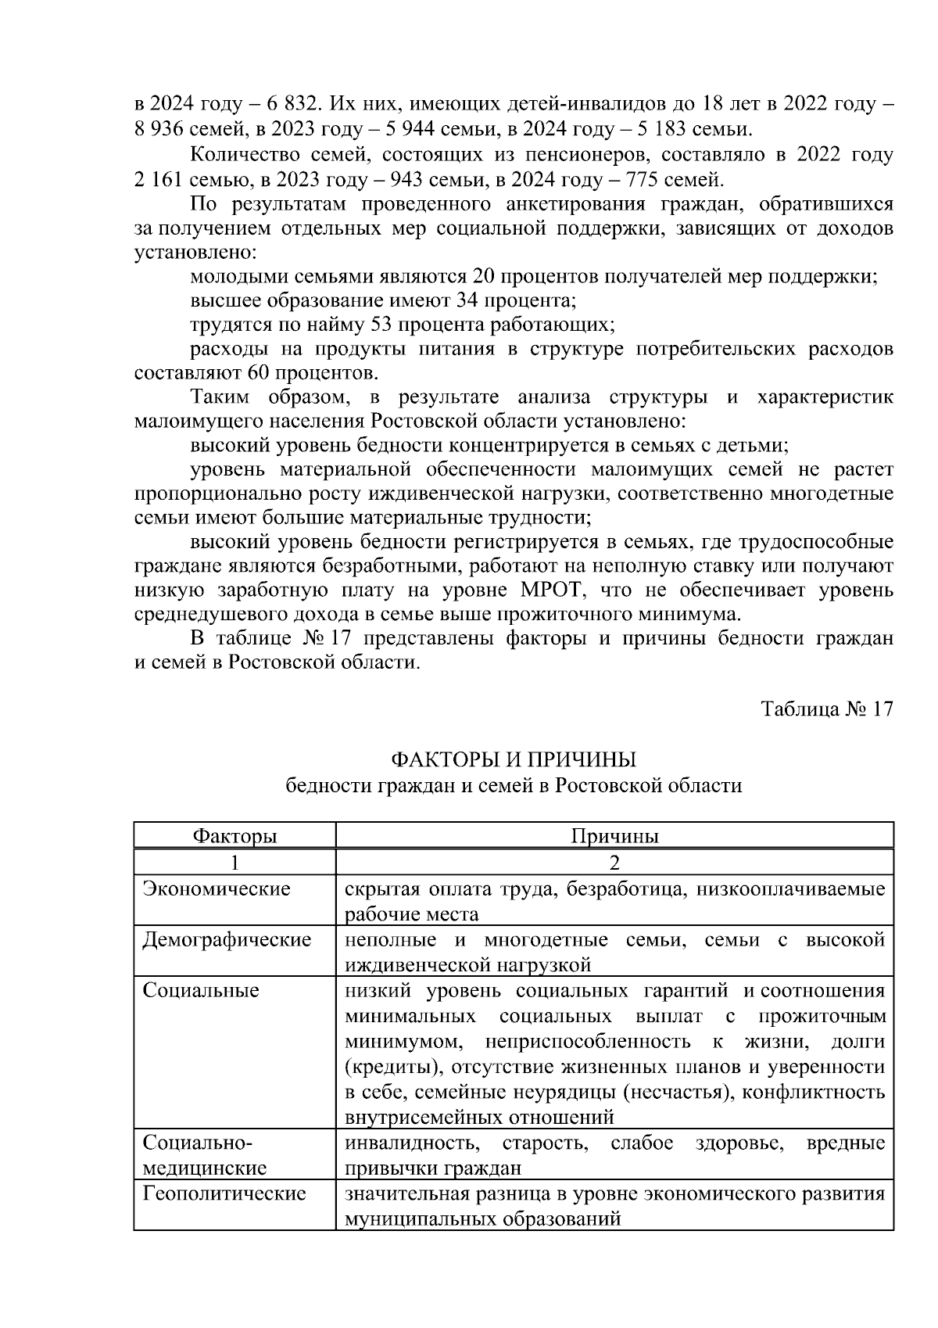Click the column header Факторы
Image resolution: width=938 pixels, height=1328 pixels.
(234, 836)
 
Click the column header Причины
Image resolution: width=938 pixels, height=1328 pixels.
(614, 836)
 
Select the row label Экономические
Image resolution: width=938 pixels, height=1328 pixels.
(217, 888)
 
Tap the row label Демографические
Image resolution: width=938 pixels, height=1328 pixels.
(227, 939)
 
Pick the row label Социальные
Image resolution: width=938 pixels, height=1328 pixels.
(201, 991)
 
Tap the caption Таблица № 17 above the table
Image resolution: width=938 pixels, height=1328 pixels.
(826, 709)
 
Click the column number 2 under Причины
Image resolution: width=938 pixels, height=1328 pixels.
(614, 863)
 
